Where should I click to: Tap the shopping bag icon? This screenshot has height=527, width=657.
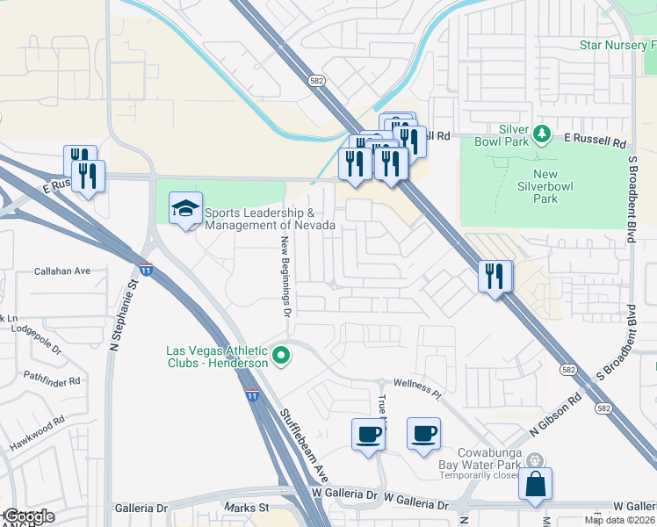click(535, 484)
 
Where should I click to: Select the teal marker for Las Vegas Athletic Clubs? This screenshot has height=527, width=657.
click(281, 356)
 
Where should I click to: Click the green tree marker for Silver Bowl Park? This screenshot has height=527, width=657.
click(542, 134)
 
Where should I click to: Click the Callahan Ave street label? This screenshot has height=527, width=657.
click(62, 272)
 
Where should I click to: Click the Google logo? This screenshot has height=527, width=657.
click(28, 516)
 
